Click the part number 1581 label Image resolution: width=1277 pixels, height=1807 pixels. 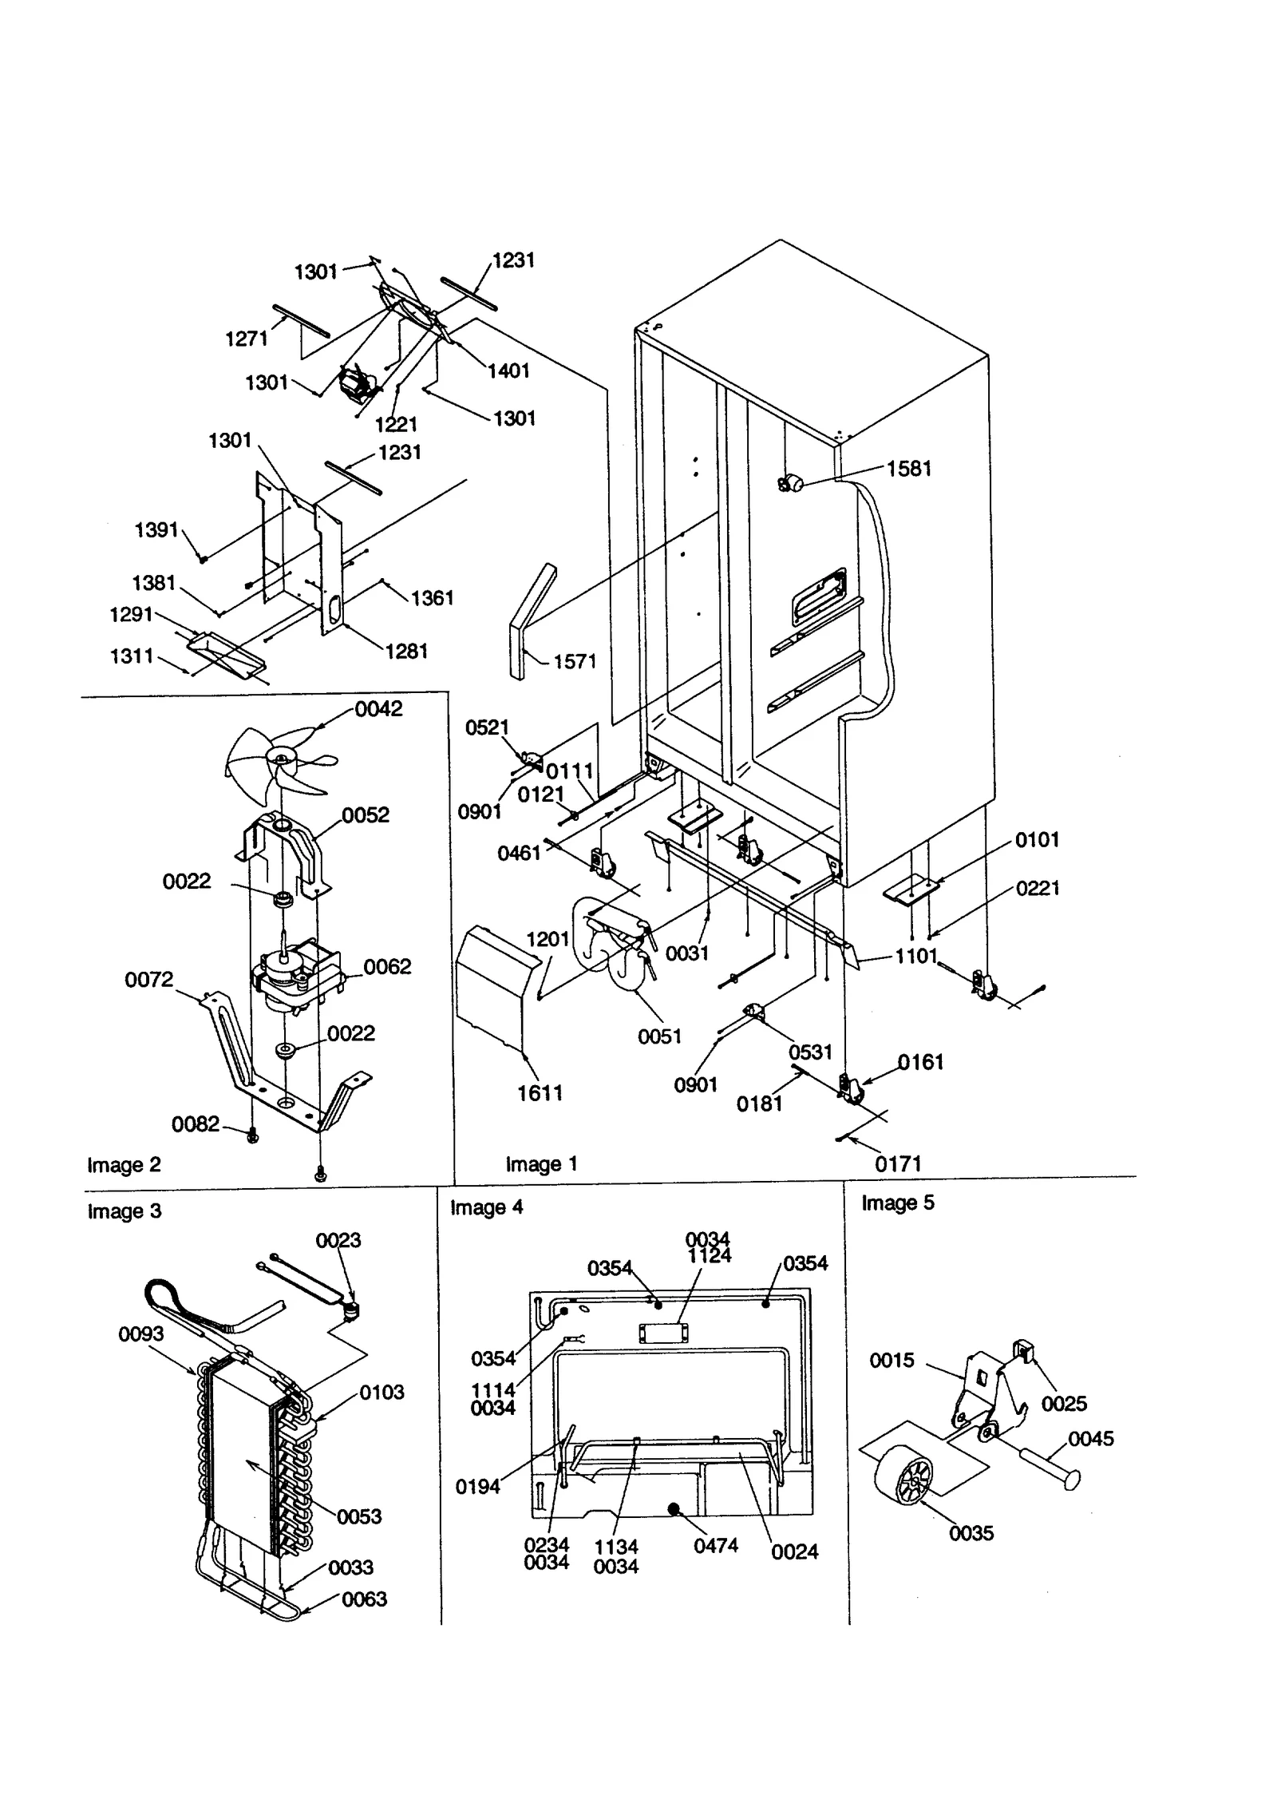pos(908,469)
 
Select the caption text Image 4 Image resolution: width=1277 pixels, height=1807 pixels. pos(486,1207)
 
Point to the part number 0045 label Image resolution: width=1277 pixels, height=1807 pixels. pos(1090,1438)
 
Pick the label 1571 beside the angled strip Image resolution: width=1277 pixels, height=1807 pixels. pos(575,661)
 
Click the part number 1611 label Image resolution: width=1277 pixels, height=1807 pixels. pos(540,1093)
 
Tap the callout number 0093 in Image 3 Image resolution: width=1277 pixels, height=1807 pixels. pos(140,1333)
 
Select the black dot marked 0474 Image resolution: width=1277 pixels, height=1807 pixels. pos(674,1508)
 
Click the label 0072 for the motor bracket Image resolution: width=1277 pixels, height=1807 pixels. pos(148,980)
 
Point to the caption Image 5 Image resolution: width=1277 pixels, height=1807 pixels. pos(897,1203)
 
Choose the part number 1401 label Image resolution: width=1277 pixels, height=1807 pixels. pos(508,371)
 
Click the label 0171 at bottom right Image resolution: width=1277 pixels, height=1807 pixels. pos(898,1164)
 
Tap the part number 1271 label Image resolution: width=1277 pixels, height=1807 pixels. pos(247,339)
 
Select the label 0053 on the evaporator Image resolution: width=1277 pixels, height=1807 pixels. pos(359,1516)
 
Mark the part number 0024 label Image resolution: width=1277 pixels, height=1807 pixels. pos(794,1551)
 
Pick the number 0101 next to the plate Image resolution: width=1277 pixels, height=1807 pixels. pos(1037,839)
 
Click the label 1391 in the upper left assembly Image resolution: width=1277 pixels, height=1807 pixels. pos(156,529)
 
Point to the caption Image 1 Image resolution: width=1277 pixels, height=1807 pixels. pos(541,1164)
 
